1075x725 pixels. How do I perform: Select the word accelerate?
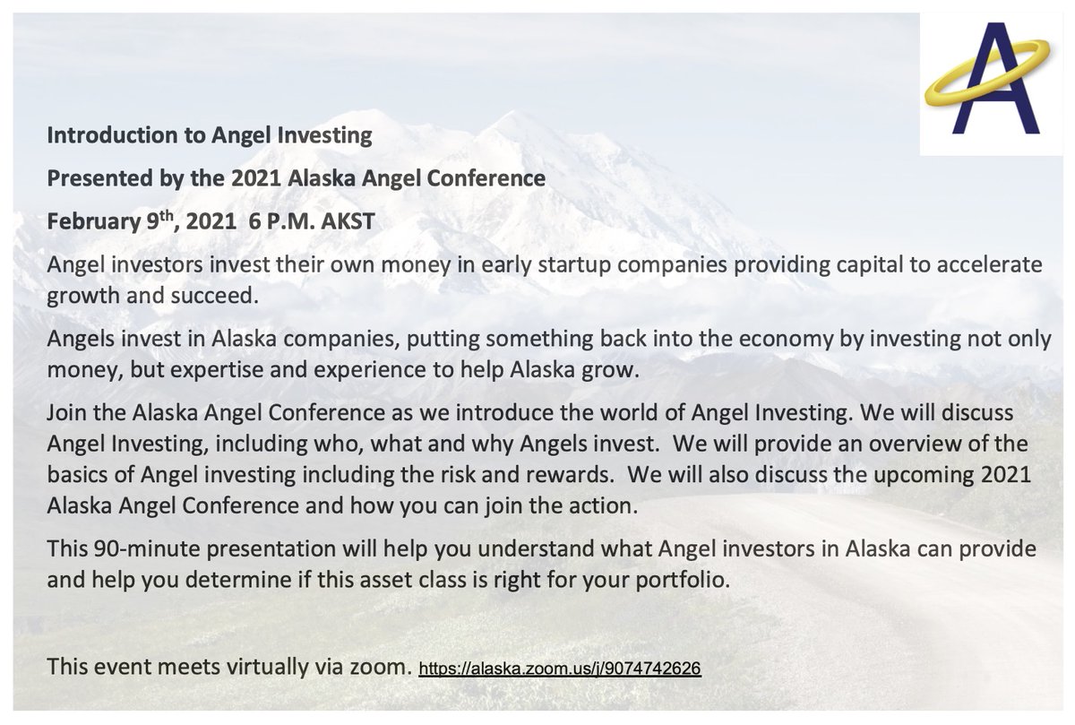pos(976,265)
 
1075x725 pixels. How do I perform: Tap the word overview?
pos(907,445)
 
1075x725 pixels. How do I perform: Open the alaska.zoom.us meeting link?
pos(560,669)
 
